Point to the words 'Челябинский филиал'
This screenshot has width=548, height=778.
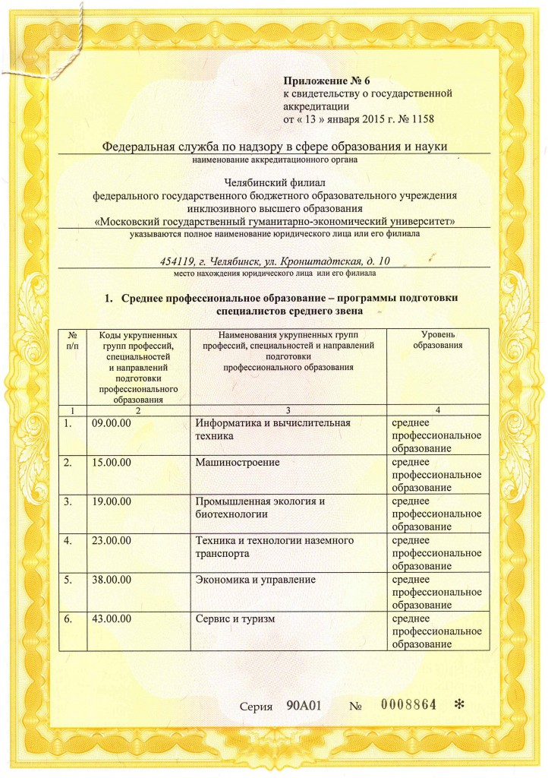[273, 182]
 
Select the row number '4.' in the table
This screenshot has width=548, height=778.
[69, 541]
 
